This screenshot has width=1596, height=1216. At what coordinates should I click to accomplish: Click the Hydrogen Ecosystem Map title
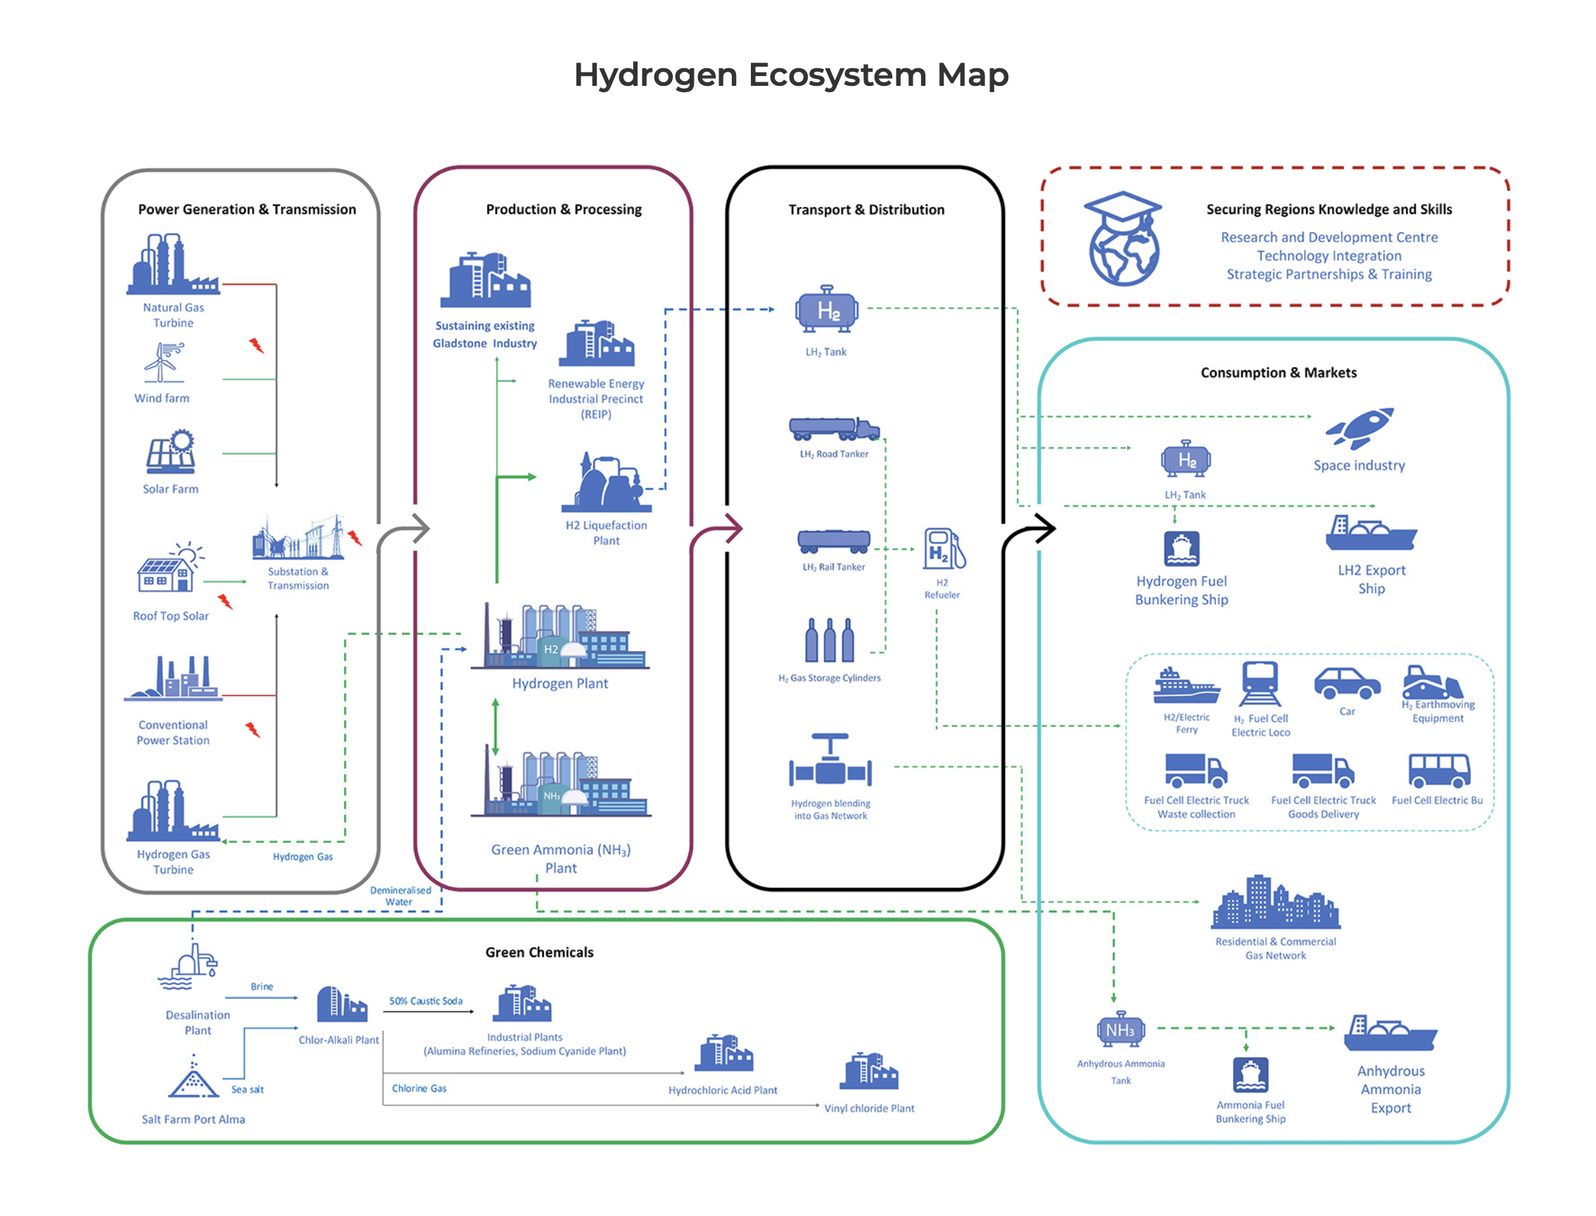(x=790, y=75)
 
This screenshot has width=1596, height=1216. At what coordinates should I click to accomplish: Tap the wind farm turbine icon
(x=163, y=362)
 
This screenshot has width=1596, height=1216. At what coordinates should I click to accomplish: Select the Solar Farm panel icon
(x=172, y=452)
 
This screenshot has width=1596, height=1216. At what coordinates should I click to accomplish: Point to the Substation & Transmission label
(x=298, y=578)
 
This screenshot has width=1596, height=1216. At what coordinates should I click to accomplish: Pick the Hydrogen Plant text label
(x=559, y=683)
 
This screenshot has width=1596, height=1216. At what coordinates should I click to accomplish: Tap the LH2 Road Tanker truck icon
(x=834, y=429)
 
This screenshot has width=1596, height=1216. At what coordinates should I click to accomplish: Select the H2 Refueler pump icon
(x=943, y=550)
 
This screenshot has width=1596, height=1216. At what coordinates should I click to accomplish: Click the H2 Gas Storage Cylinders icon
(x=830, y=640)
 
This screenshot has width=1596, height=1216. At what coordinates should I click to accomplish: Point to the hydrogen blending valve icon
(x=830, y=762)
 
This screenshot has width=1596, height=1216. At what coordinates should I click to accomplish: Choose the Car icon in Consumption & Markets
(x=1346, y=683)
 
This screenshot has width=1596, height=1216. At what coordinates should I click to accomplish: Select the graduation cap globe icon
(x=1122, y=239)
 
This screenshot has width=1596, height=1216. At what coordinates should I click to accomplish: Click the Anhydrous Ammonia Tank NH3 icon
(x=1120, y=1030)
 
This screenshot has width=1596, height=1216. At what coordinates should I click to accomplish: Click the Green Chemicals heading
(x=539, y=953)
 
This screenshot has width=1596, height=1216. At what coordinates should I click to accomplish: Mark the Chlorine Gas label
(x=419, y=1089)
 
